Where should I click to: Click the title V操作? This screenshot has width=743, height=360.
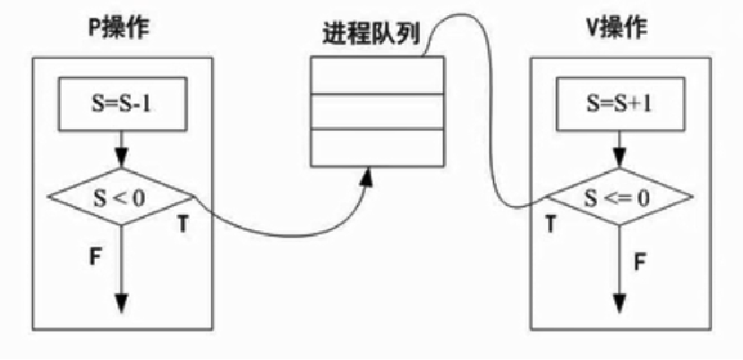(617, 29)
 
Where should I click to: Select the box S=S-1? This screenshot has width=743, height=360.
(121, 102)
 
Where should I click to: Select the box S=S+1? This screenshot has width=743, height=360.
(617, 102)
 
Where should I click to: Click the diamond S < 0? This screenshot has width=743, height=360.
(120, 195)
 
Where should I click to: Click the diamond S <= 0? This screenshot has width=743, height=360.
(619, 195)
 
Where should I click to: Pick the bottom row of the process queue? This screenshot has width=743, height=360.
(376, 147)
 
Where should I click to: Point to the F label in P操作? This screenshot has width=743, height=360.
(93, 253)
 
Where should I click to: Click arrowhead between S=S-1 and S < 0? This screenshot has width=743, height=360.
(121, 158)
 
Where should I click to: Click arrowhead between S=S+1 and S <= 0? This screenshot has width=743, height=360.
(618, 158)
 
